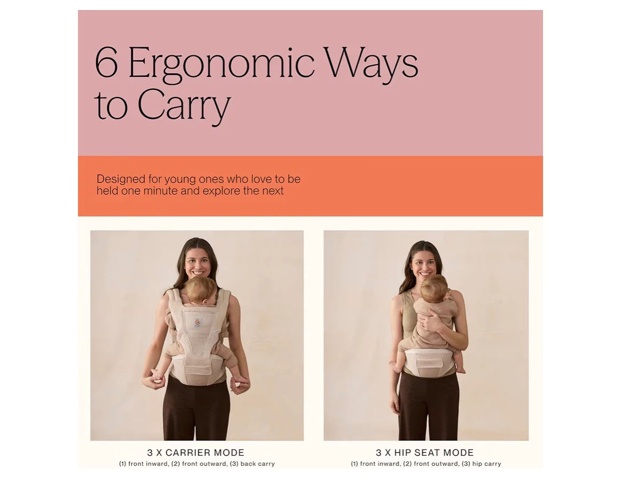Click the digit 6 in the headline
coord(106,63)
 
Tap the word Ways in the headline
coord(370,65)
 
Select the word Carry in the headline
coord(184,104)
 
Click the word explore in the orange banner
coord(221,191)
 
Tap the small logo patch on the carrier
coord(198,322)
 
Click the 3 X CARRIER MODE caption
coord(195,452)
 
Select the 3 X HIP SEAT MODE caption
coord(425,452)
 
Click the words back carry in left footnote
coord(258,464)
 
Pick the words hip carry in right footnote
coord(486,464)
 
